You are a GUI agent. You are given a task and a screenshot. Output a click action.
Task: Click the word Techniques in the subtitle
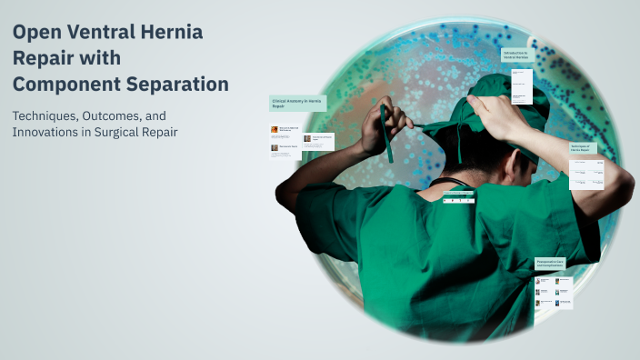[x=49, y=115]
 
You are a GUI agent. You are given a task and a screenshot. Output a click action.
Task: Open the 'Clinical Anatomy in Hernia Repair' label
[x=297, y=104]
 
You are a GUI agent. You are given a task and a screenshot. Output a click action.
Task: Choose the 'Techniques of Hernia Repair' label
[x=583, y=148]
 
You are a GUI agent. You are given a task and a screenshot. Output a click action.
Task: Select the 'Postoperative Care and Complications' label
[x=554, y=264]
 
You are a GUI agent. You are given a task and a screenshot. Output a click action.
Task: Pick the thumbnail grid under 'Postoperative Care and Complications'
[x=554, y=292]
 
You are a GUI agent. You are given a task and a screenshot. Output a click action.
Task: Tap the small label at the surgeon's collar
[x=458, y=195]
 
